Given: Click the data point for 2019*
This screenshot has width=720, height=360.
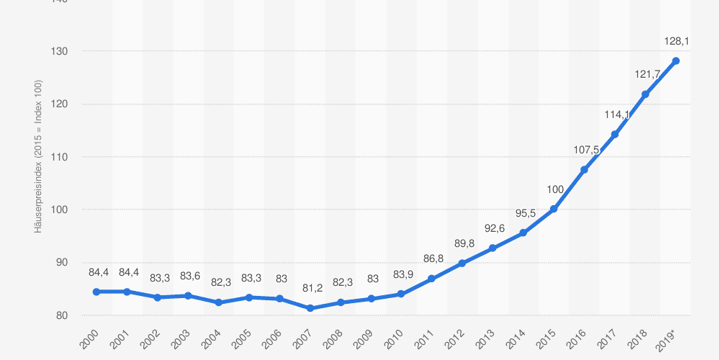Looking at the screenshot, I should pyautogui.click(x=675, y=60).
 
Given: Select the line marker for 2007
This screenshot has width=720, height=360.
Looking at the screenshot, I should pyautogui.click(x=310, y=308).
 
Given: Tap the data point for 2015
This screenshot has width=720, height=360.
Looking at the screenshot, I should pyautogui.click(x=554, y=209).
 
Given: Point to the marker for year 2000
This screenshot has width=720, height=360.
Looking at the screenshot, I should pyautogui.click(x=96, y=292).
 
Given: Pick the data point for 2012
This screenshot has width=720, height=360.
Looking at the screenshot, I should pyautogui.click(x=462, y=263).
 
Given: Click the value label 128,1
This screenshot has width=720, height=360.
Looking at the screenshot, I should pyautogui.click(x=676, y=42).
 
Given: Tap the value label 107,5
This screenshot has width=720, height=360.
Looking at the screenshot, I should pyautogui.click(x=585, y=150).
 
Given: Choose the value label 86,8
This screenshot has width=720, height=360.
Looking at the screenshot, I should pyautogui.click(x=432, y=258).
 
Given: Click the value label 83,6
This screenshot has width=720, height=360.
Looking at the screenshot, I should pyautogui.click(x=189, y=276).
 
